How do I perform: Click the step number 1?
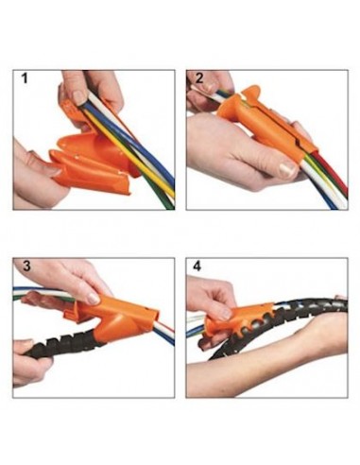coord(25,78)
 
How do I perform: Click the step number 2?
coord(199,78)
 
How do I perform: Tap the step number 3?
coord(26,267)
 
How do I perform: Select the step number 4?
coord(197,267)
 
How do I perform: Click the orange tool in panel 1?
coord(92,158)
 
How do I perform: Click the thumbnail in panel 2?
coord(287,169)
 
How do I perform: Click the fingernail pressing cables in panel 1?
coord(78,96)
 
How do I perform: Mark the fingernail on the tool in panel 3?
coord(93,298)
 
